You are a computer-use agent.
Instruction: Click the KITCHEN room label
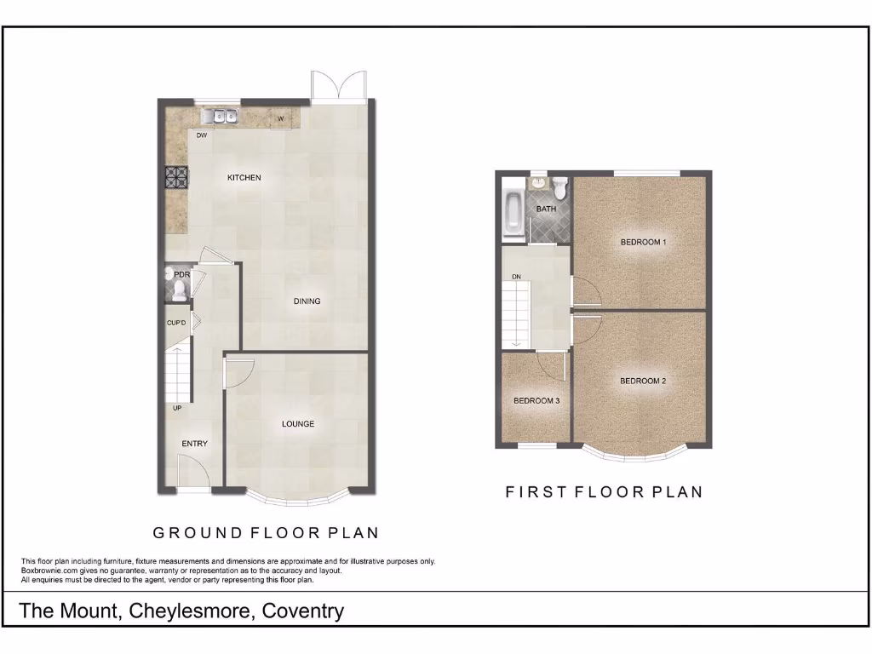click(x=244, y=178)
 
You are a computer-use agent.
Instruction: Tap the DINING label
click(x=307, y=301)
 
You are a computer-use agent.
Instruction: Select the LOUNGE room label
click(x=298, y=424)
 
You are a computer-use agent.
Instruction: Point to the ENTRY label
click(x=194, y=444)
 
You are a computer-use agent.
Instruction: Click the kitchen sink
click(x=220, y=117)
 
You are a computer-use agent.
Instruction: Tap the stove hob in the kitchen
click(x=176, y=176)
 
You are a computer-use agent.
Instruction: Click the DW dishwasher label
click(x=202, y=135)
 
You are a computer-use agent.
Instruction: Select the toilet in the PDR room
click(x=179, y=291)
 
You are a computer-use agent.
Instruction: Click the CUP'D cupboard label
click(x=176, y=323)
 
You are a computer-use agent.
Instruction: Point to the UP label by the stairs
click(x=177, y=409)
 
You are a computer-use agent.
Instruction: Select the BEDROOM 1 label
click(x=642, y=242)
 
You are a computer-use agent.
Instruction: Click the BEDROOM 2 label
click(x=642, y=381)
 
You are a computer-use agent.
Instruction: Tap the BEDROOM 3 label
click(x=536, y=401)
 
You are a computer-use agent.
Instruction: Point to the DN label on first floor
click(x=516, y=277)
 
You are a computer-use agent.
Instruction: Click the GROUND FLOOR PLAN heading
click(x=266, y=533)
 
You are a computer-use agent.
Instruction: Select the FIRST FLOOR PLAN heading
click(x=604, y=491)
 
